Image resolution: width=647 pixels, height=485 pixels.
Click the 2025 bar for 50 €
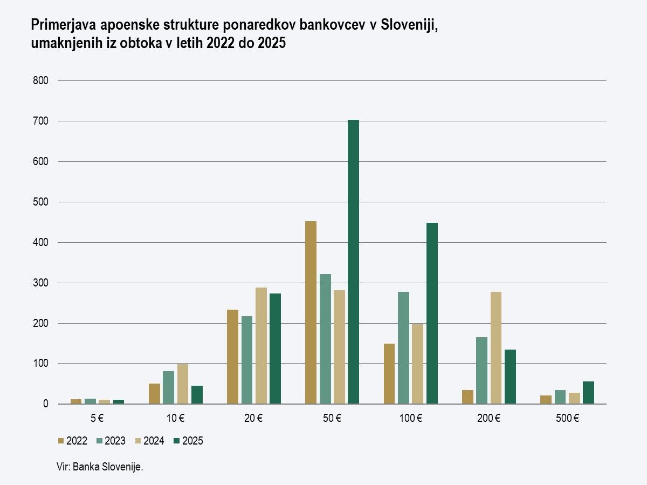click(353, 262)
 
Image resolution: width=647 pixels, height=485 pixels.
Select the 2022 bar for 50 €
click(311, 312)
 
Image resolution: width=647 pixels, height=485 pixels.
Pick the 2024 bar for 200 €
click(496, 347)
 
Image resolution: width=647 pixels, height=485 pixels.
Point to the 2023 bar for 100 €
click(403, 347)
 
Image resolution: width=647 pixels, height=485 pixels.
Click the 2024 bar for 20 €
click(261, 345)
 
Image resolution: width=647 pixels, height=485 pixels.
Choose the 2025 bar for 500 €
click(588, 393)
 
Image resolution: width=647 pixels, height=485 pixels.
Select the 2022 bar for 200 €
click(467, 397)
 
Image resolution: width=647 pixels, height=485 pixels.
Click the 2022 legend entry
click(73, 441)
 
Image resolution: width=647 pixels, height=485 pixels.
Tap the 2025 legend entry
click(188, 441)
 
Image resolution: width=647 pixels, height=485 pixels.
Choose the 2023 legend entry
click(111, 441)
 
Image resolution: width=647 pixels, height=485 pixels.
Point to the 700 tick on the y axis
click(42, 121)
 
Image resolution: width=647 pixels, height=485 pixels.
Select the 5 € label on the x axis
click(98, 418)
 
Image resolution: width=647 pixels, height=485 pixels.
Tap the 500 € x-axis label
click(567, 418)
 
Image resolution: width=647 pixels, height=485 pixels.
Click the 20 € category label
click(253, 418)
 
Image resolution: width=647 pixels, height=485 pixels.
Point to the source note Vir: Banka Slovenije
click(100, 467)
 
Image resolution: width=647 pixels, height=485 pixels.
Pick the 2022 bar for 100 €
click(389, 374)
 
